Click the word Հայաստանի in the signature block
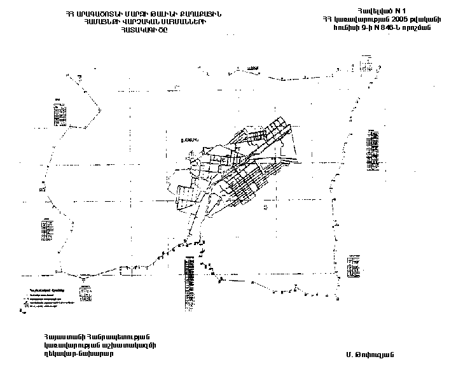[x=62, y=337]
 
